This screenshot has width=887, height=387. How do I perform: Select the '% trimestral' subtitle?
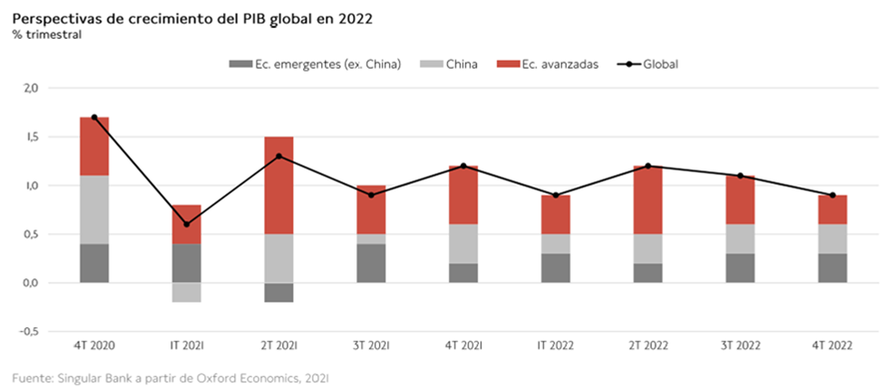[47, 34]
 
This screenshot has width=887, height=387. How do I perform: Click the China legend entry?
[462, 64]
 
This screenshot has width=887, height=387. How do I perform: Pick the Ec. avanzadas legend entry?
[560, 64]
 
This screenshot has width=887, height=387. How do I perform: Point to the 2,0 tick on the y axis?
[30, 88]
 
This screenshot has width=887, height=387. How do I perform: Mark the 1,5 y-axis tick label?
[30, 137]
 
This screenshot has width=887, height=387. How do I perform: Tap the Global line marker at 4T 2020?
[94, 118]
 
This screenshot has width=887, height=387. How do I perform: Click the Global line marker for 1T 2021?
[186, 224]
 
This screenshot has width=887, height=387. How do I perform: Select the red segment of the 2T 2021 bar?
[278, 185]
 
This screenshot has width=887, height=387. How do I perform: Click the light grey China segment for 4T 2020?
[94, 209]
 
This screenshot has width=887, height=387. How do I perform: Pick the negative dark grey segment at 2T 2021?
[278, 292]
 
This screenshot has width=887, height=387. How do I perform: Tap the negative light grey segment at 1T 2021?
[186, 292]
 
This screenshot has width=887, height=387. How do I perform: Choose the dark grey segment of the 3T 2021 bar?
[371, 263]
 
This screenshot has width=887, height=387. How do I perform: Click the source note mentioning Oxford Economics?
[171, 375]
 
